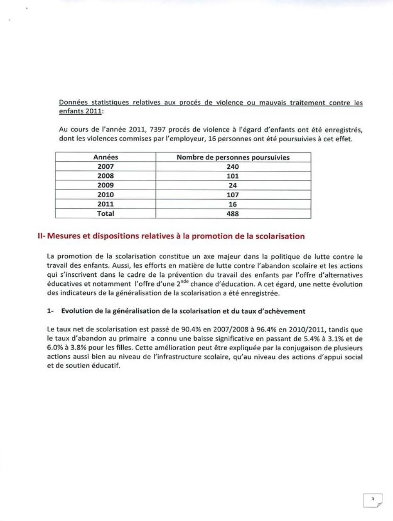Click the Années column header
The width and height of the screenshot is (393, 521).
[106, 157]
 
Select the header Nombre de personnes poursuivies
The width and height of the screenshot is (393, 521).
[233, 157]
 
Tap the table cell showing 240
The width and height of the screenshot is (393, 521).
[233, 167]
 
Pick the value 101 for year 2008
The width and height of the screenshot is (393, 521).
[233, 176]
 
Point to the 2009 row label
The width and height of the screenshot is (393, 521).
[106, 185]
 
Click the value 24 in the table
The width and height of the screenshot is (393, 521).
[233, 185]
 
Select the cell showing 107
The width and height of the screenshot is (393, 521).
[233, 195]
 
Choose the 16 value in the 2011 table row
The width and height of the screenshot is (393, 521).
[233, 204]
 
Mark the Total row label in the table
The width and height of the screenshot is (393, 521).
[106, 214]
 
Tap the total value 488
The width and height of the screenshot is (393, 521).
[233, 214]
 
